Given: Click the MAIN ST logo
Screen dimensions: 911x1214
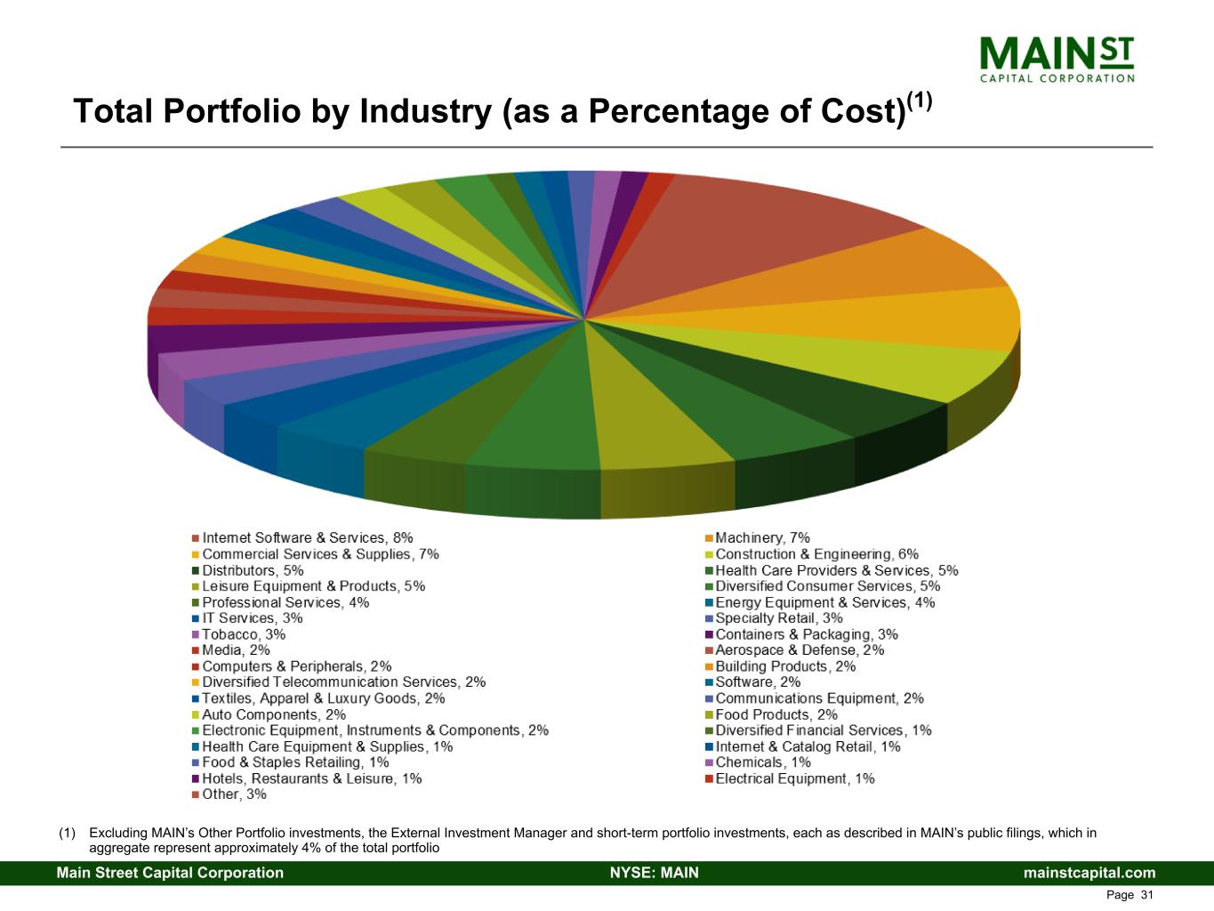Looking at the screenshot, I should tap(1057, 59).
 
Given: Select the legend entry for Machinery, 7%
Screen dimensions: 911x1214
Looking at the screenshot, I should tap(762, 538).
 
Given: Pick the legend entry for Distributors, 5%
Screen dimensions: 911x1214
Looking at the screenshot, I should tap(253, 570).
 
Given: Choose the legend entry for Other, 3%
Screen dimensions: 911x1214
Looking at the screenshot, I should tap(234, 794).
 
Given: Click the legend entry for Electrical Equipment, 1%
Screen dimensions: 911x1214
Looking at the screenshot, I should tap(794, 778).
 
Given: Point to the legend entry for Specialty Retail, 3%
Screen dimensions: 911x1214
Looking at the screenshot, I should tap(779, 618).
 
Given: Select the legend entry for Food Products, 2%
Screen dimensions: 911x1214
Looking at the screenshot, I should tap(776, 714).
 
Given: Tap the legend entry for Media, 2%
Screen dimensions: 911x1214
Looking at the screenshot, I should tap(236, 650).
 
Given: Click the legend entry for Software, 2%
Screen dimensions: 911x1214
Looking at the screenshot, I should tap(758, 682).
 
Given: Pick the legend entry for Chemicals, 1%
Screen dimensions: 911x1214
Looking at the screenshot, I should tap(763, 762).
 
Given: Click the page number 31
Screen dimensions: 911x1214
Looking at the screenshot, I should tap(1146, 895).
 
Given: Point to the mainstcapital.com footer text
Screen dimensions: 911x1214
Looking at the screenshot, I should tap(1089, 873).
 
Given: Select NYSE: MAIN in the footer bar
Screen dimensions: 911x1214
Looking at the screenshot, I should tap(655, 873).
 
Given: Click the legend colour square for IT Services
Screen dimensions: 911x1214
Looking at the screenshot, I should tap(195, 619).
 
